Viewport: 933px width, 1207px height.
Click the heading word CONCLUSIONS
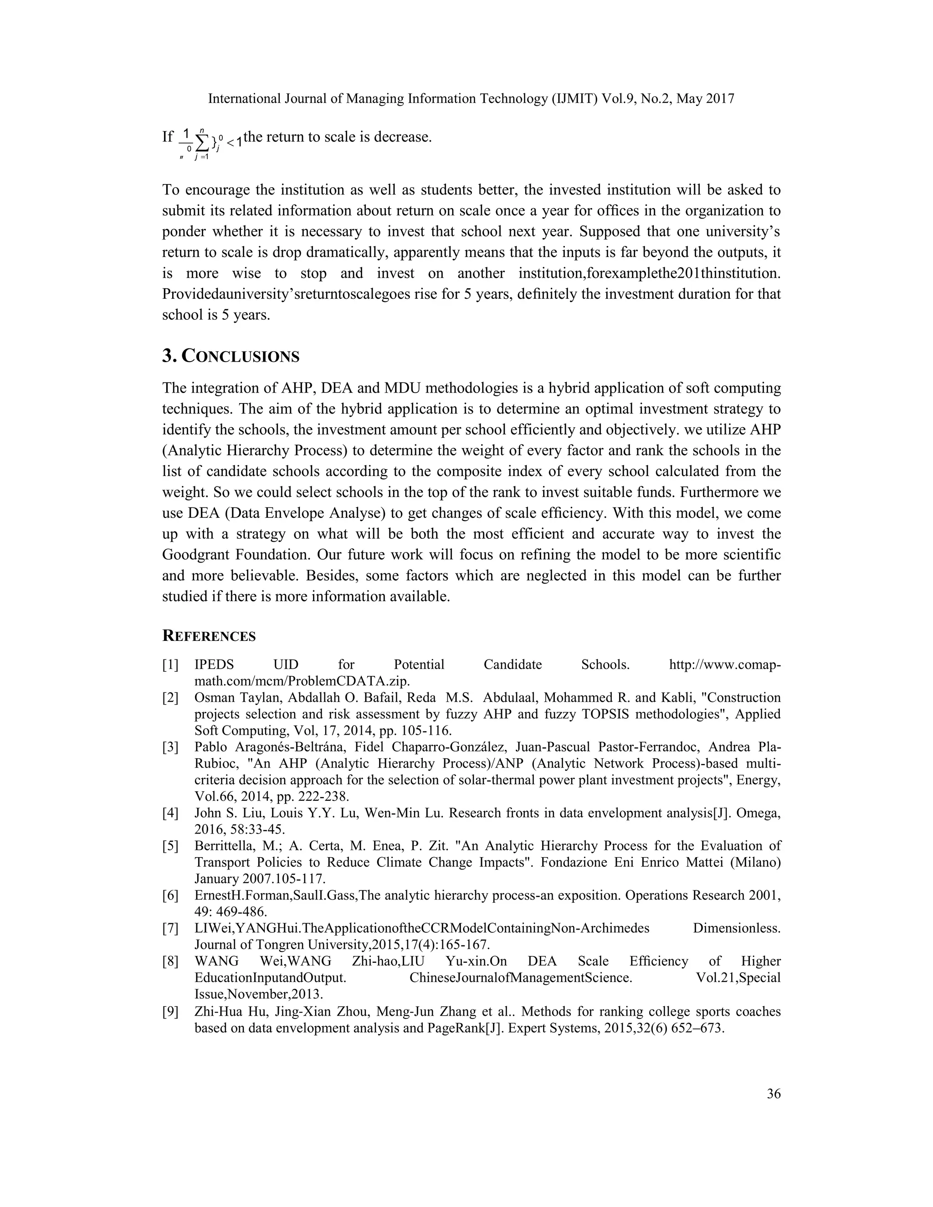tap(241, 357)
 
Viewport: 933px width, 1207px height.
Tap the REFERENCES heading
tap(209, 636)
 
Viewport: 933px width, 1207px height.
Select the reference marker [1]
tap(170, 665)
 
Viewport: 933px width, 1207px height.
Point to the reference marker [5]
tap(170, 846)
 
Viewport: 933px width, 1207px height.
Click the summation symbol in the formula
tap(202, 143)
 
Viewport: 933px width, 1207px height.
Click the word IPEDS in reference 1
tap(215, 665)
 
